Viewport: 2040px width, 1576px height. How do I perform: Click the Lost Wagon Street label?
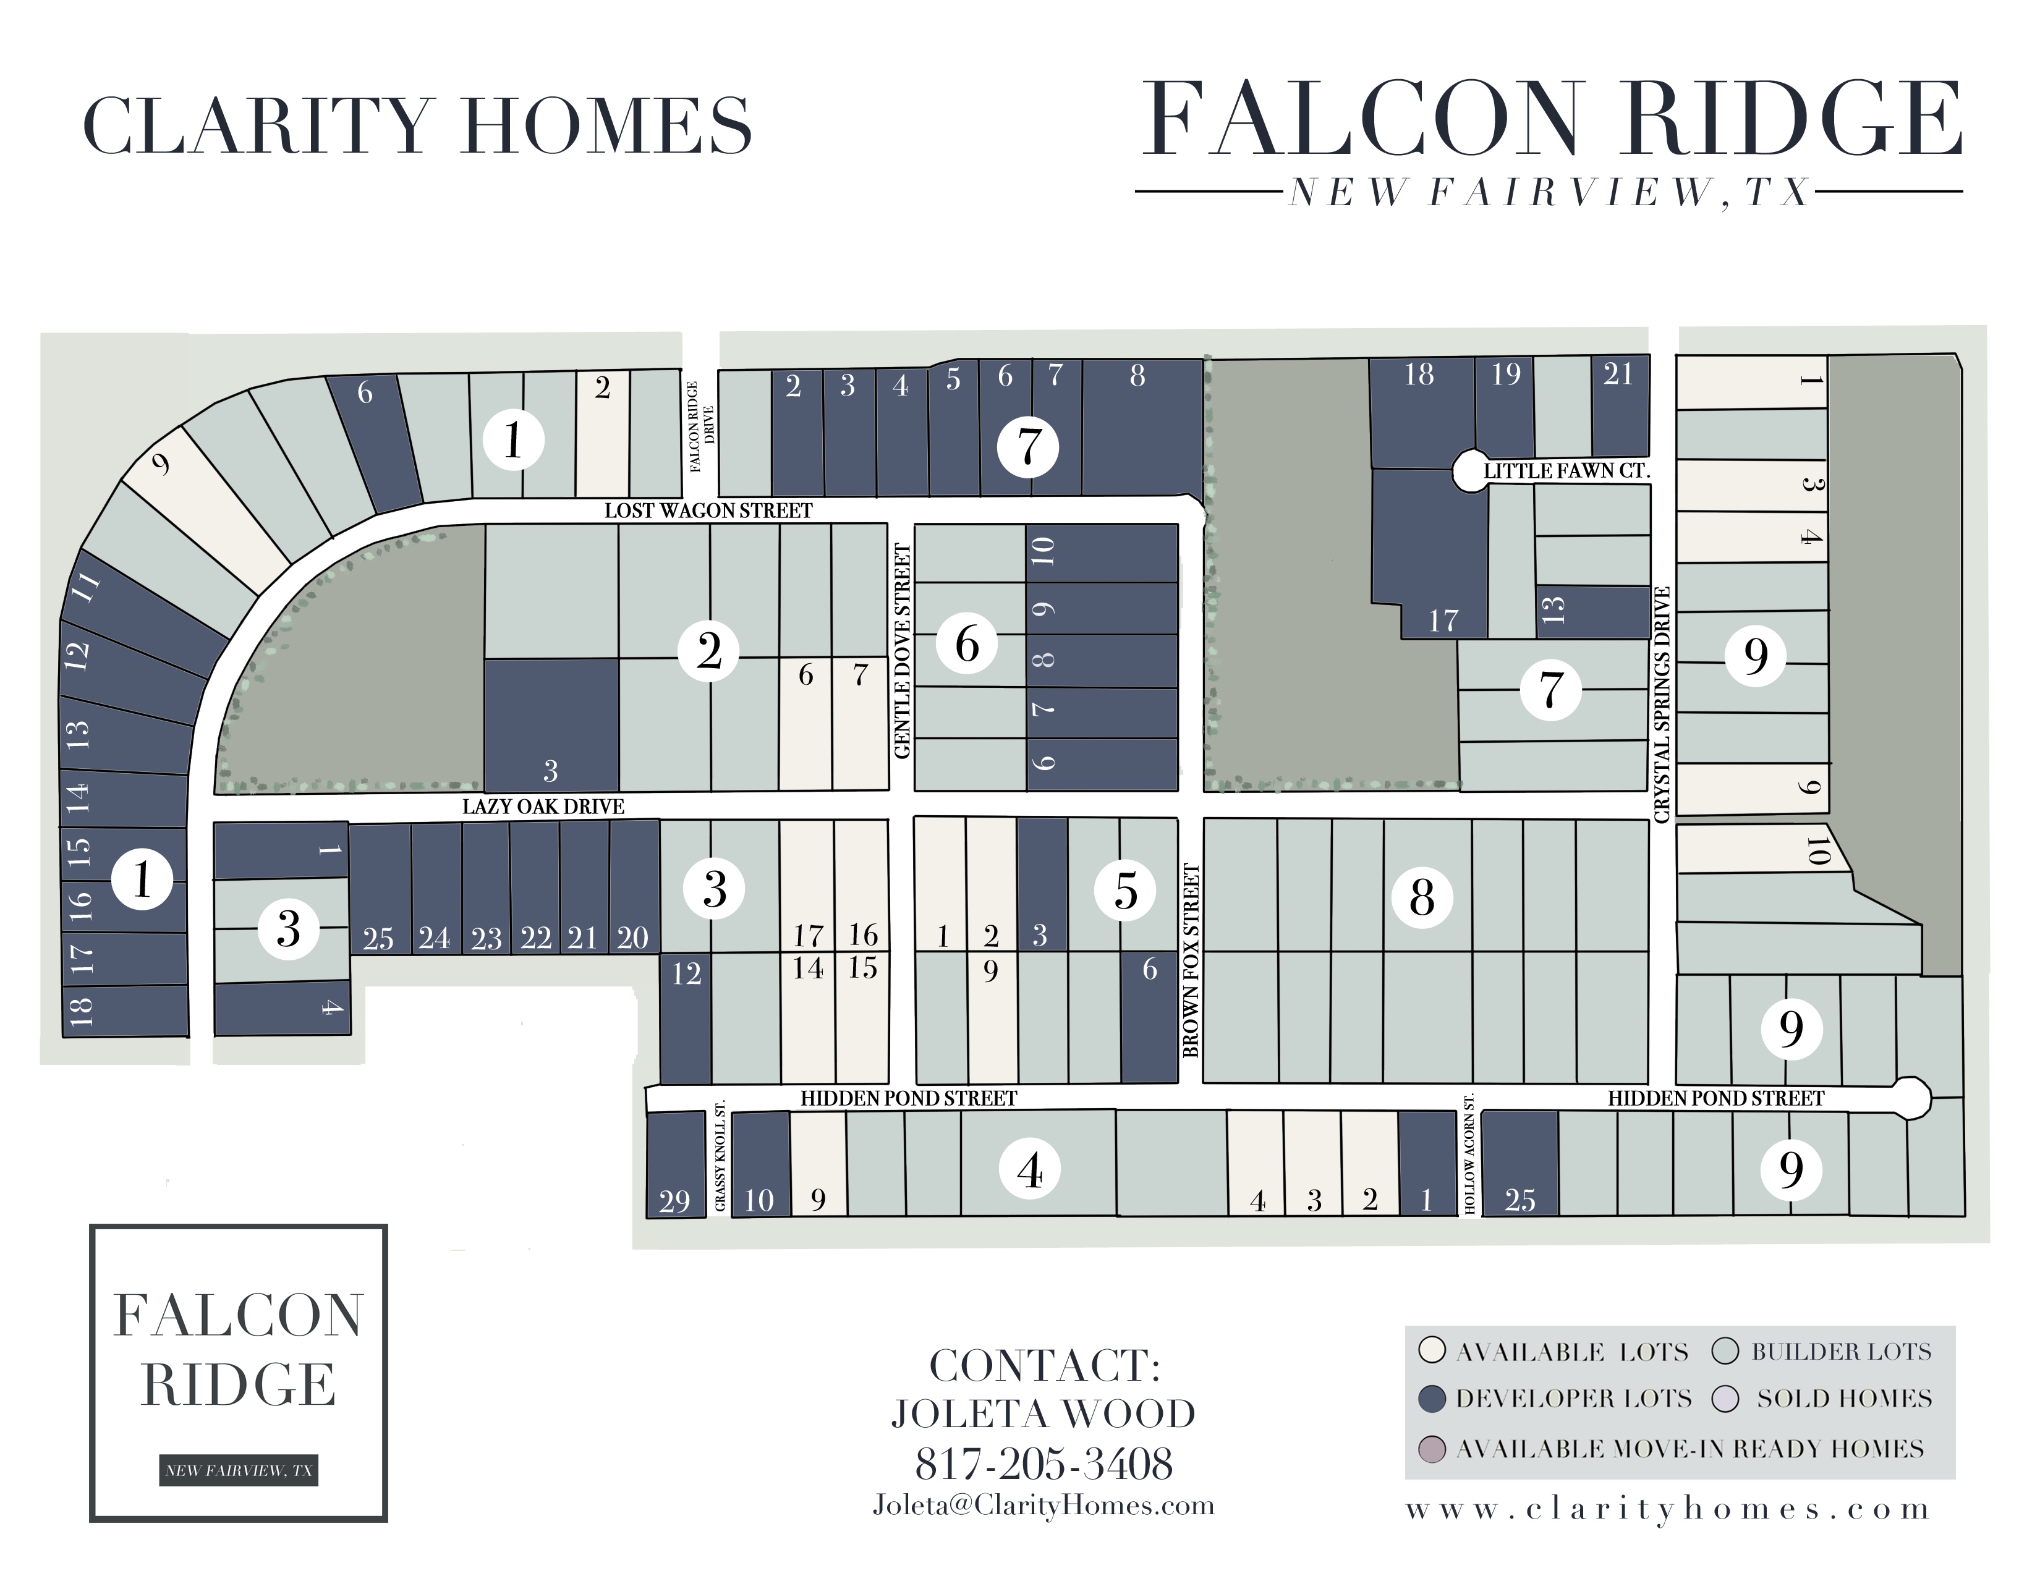pos(708,511)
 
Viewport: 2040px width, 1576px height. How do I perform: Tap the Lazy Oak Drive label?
pos(543,807)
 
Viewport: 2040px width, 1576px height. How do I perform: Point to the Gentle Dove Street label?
pos(903,651)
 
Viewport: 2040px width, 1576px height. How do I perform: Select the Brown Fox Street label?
pos(1191,960)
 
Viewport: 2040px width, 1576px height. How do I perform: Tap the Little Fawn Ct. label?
pos(1566,470)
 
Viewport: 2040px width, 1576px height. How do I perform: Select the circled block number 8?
pos(1422,898)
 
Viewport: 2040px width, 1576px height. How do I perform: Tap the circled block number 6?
pos(967,644)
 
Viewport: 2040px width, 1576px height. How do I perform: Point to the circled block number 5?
pos(1126,890)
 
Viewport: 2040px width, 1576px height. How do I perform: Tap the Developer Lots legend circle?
pos(1432,1399)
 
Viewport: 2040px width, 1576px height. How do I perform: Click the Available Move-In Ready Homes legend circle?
pos(1432,1449)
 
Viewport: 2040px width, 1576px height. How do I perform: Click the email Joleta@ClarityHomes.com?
pos(1043,1505)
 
